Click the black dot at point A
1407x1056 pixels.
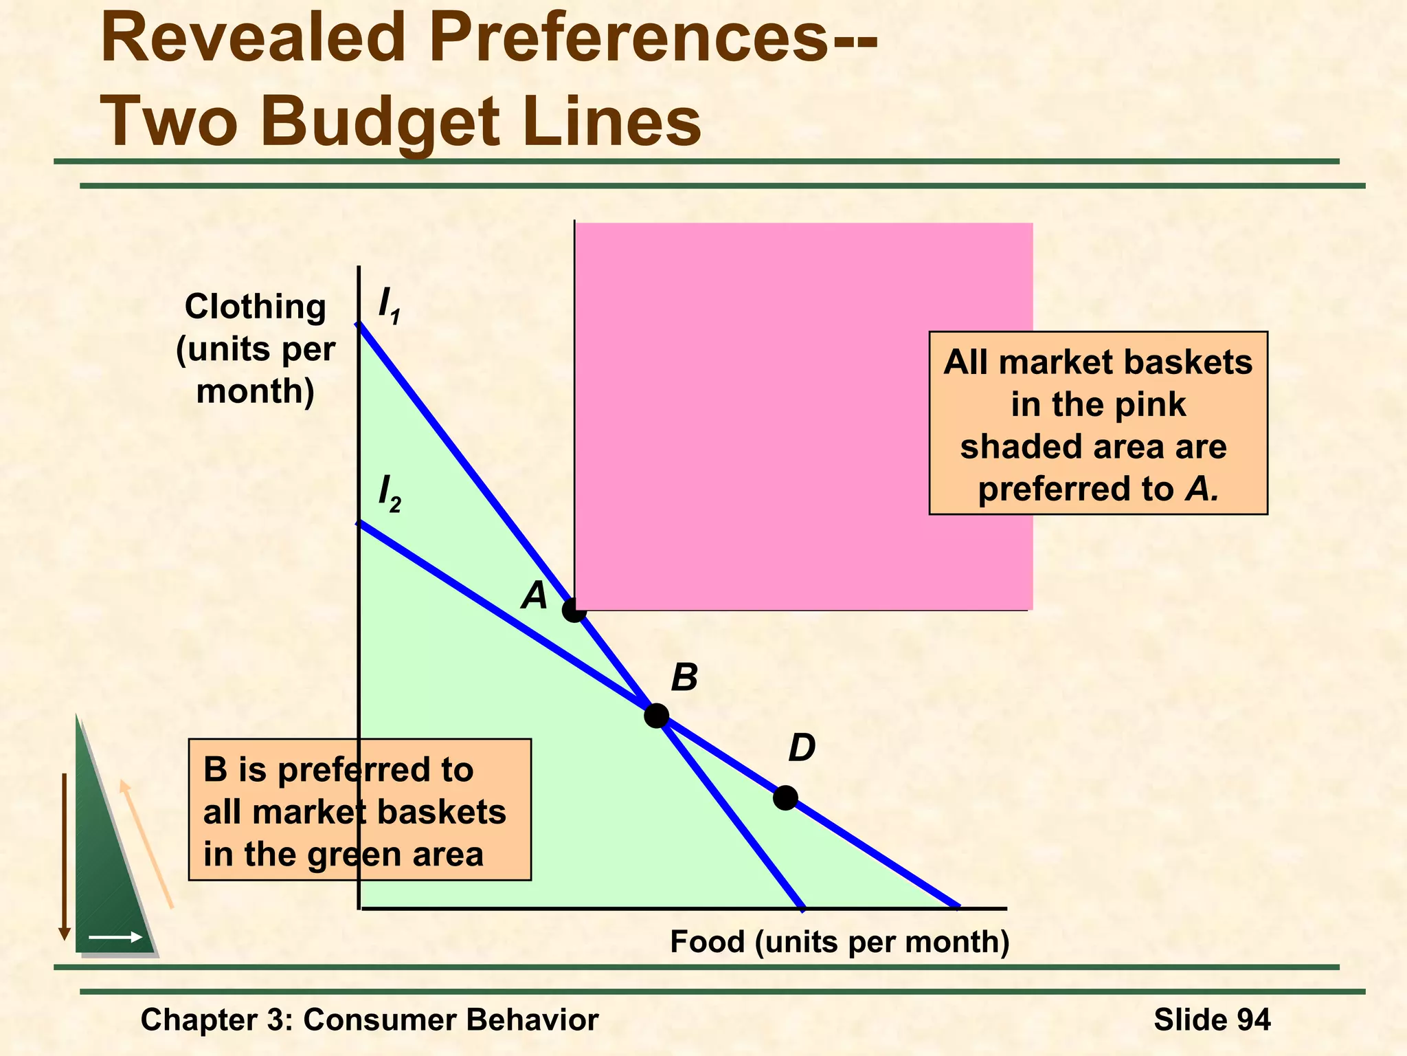pos(574,610)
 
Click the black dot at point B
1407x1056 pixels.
pos(656,716)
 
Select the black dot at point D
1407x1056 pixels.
pos(785,797)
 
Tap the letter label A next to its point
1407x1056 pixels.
pos(534,595)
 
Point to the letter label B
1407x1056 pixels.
pos(684,678)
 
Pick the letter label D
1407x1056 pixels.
pos(801,748)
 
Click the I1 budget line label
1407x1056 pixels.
pos(389,305)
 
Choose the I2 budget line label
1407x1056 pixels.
pos(389,494)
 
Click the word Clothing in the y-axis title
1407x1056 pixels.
pos(255,307)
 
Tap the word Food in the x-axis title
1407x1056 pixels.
pos(707,942)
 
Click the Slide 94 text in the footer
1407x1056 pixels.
pos(1212,1020)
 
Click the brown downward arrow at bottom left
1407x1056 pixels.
pos(65,856)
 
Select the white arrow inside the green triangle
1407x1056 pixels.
pos(115,937)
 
